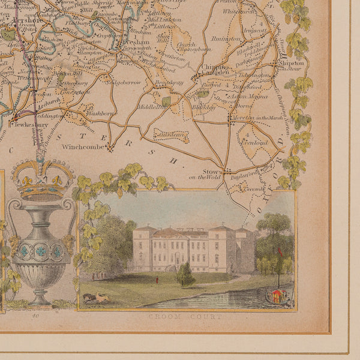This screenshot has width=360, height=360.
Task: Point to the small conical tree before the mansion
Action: pyautogui.click(x=184, y=275)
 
